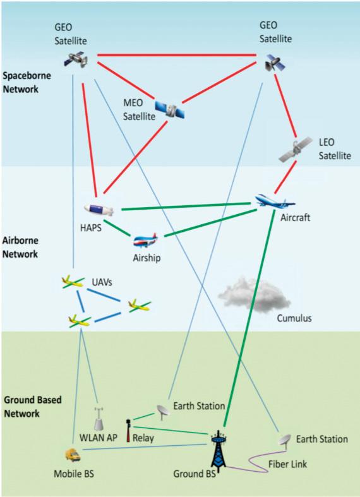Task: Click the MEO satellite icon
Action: point(170,110)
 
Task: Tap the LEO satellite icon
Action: point(296,149)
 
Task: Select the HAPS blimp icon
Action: point(99,210)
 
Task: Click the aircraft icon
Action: point(275,201)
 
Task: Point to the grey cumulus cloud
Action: point(254,296)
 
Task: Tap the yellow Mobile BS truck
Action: point(73,455)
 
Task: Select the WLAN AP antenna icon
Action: point(99,419)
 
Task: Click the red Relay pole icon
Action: point(128,431)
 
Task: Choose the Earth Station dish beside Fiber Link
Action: point(285,441)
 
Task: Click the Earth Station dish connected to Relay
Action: point(163,412)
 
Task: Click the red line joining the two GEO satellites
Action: point(177,56)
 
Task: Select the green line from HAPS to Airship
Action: point(117,228)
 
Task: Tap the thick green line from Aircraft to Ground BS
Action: point(249,318)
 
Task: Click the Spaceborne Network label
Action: point(27,82)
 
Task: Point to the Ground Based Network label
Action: point(33,407)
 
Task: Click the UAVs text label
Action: point(102,282)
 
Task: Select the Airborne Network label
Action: point(21,247)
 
